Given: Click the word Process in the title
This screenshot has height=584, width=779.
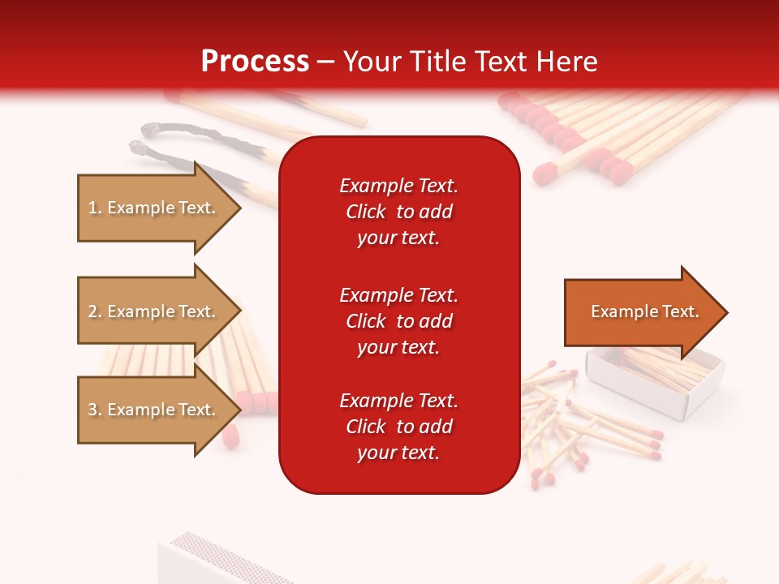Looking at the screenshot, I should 255,62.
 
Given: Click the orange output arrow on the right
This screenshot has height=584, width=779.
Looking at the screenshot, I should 641,312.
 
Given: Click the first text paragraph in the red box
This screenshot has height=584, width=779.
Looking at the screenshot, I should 398,212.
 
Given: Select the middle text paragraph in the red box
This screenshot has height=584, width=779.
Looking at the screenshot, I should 398,321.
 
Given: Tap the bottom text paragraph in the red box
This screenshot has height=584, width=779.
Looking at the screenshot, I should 398,427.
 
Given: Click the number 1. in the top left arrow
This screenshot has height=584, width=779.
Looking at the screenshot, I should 95,208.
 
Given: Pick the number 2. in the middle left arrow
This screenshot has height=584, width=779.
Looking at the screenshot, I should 95,311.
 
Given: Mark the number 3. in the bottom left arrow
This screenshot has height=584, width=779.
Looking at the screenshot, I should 95,410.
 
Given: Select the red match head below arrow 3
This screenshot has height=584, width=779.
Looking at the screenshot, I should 230,436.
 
